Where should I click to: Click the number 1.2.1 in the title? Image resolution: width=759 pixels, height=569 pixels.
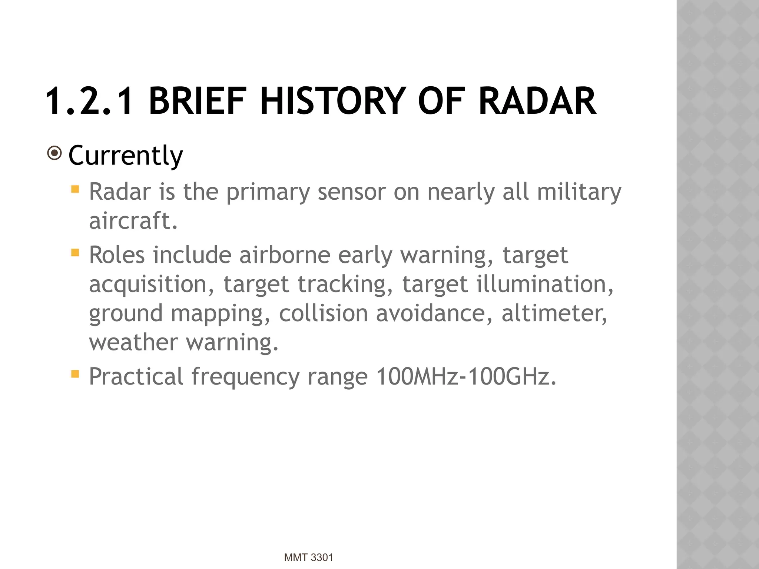pos(89,101)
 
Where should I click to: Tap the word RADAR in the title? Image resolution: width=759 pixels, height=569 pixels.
pos(537,101)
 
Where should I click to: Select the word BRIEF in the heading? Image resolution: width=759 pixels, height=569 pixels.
pos(198,101)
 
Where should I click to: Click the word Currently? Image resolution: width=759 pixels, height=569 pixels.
pos(125,156)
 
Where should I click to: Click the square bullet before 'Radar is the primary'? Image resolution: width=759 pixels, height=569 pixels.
pos(75,189)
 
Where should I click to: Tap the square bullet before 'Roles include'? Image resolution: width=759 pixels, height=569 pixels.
pos(75,253)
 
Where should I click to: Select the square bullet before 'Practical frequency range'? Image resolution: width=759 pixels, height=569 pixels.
pos(75,374)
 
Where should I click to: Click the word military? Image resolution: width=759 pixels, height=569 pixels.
pos(579,192)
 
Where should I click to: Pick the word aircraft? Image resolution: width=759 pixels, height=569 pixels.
pos(133,221)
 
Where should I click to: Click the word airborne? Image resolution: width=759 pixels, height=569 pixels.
pos(285,255)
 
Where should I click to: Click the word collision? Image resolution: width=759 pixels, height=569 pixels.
pos(323,313)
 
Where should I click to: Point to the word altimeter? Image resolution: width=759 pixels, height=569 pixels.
pos(554,313)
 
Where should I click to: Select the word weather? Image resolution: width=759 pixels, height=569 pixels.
pos(133,342)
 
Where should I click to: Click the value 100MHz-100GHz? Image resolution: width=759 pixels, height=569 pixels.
pos(466,377)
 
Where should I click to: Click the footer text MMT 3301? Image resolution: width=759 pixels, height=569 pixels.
pos(308,558)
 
